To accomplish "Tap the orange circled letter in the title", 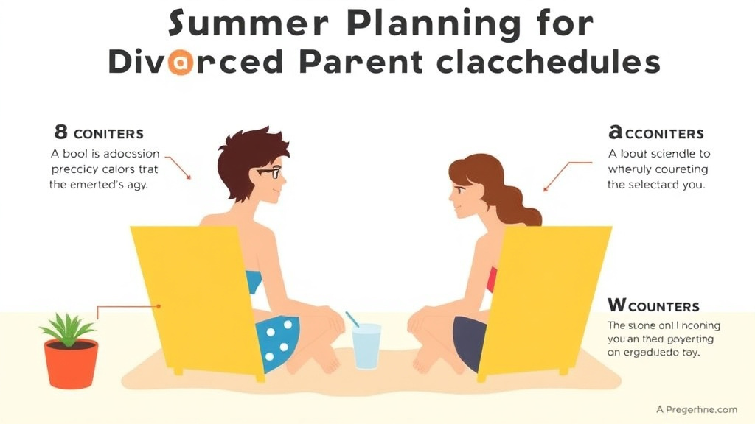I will tap(180, 63).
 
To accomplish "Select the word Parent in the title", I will tap(361, 63).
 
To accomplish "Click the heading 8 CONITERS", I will tap(99, 133).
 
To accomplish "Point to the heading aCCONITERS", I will tap(655, 133).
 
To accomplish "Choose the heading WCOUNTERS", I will tap(653, 305).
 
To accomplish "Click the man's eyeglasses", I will tap(268, 173).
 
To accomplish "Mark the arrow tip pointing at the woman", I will tap(546, 191).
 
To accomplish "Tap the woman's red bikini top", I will tap(492, 279).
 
